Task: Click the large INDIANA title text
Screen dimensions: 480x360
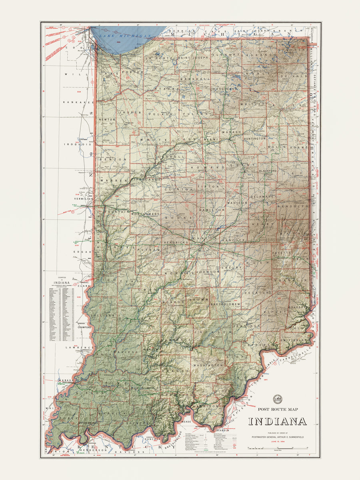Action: pyautogui.click(x=277, y=422)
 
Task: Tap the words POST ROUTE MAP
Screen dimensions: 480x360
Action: pyautogui.click(x=277, y=409)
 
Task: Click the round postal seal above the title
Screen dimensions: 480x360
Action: pyautogui.click(x=277, y=399)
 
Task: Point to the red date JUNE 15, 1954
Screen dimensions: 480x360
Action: pyautogui.click(x=277, y=442)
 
